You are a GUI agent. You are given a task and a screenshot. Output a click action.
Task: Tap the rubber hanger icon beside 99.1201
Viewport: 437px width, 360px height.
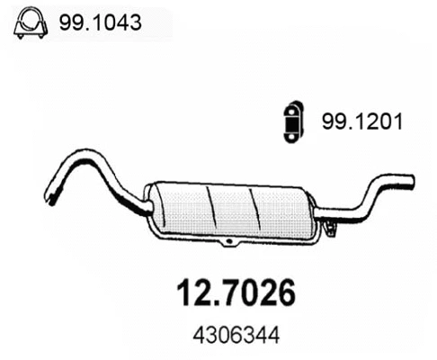pos(293,119)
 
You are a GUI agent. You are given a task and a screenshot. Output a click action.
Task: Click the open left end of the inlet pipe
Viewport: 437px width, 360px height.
pos(47,193)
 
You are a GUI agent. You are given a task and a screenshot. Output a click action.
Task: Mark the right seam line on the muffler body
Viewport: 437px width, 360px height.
pos(257,209)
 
